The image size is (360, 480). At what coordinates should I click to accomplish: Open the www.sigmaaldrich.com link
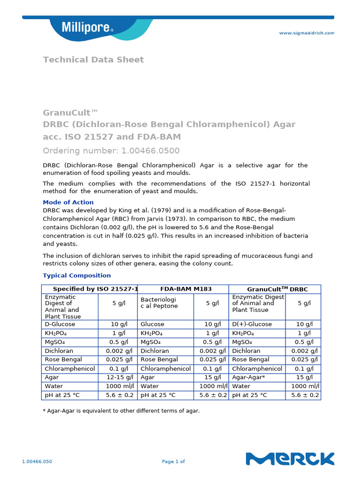[x=307, y=33]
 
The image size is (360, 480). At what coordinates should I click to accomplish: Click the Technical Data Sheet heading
[x=93, y=60]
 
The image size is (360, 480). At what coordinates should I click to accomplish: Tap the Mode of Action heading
[x=68, y=202]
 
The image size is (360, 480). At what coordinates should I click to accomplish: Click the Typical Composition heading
[x=77, y=275]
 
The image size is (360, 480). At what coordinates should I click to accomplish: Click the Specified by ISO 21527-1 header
[x=96, y=289]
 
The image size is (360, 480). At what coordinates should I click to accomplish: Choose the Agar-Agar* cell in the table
[x=248, y=377]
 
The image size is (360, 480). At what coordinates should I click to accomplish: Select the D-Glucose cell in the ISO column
[x=60, y=324]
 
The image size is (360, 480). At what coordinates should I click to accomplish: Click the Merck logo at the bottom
[x=290, y=458]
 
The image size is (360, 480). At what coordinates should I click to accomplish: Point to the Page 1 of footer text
[x=173, y=461]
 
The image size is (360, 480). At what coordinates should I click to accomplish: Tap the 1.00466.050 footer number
[x=37, y=461]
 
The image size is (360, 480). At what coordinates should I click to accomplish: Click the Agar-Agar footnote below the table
[x=121, y=411]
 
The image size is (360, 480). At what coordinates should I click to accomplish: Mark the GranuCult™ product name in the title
[x=70, y=112]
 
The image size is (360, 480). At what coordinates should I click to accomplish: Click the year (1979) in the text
[x=149, y=210]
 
